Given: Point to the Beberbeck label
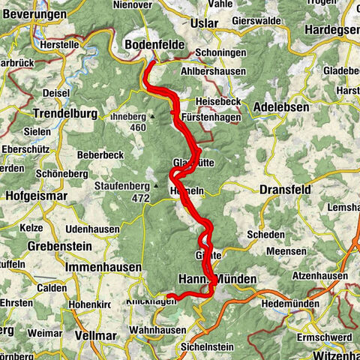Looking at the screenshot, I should (x=97, y=154).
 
